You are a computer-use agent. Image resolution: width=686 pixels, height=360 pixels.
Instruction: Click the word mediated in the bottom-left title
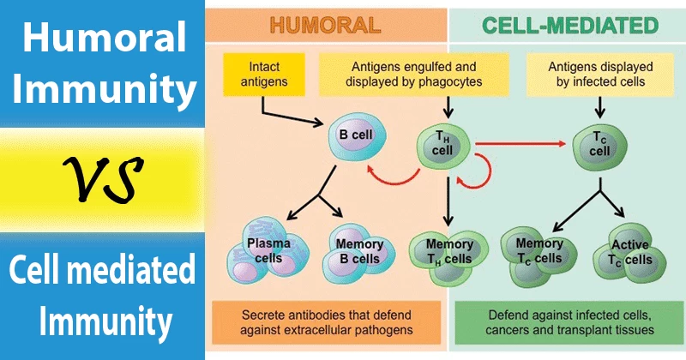(144, 277)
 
